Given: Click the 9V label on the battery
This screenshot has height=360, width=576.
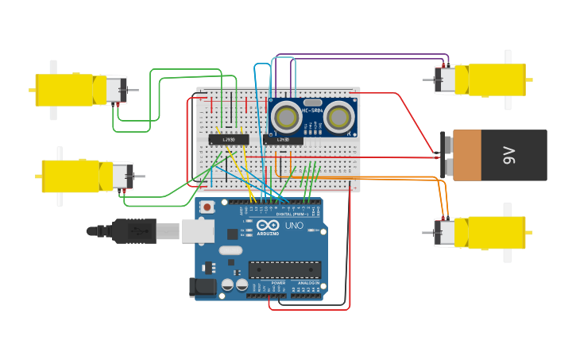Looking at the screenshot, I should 509,156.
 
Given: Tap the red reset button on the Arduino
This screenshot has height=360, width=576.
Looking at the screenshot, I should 207,207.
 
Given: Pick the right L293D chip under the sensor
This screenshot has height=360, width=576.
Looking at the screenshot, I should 284,140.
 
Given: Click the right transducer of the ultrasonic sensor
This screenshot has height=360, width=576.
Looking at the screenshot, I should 339,118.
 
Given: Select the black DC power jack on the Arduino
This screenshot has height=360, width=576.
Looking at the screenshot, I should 203,287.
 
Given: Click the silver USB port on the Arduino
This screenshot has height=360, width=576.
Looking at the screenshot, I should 198,230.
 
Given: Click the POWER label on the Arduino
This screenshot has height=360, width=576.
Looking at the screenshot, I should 278,283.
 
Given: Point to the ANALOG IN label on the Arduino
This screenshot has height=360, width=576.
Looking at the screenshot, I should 309,283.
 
